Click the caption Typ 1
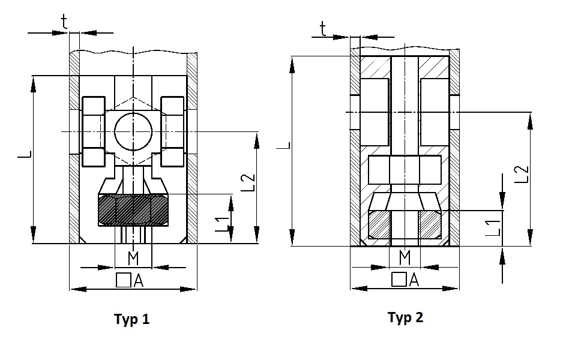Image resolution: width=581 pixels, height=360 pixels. pos(131,319)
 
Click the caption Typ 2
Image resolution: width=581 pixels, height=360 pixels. pos(405,317)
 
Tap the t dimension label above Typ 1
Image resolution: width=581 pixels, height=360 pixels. pos(64,22)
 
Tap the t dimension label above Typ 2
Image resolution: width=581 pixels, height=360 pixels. pos(323,28)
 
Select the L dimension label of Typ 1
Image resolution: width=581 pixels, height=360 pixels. pos(25,154)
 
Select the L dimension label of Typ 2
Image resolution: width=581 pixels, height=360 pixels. pos(283,145)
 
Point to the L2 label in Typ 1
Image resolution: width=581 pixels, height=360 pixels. pos(248,182)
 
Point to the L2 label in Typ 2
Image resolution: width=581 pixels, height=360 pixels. pos(522,174)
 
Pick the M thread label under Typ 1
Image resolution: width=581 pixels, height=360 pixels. pos(133,258)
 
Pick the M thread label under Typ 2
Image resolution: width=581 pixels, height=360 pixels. pos(405,257)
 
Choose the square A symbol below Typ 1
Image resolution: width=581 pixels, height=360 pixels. pos(130,280)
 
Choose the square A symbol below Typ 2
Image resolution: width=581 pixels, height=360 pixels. pos(405,279)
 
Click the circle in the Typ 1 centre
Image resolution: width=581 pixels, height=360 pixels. pos(133,131)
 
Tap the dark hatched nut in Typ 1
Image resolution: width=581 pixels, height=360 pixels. pos(133,209)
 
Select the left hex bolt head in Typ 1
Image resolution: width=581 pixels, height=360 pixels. pos(94,131)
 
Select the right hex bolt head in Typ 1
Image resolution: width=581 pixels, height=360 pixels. pos(173,131)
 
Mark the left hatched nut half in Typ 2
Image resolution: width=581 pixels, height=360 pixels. pos(379,224)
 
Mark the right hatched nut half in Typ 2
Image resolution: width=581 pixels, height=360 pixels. pos(430,224)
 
